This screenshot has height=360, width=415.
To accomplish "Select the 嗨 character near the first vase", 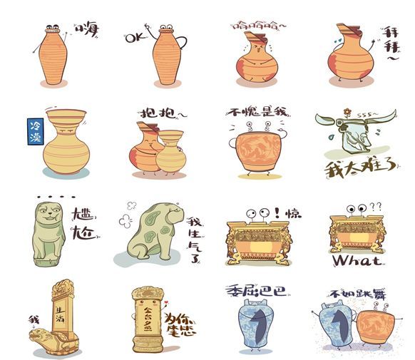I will click(x=88, y=30).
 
